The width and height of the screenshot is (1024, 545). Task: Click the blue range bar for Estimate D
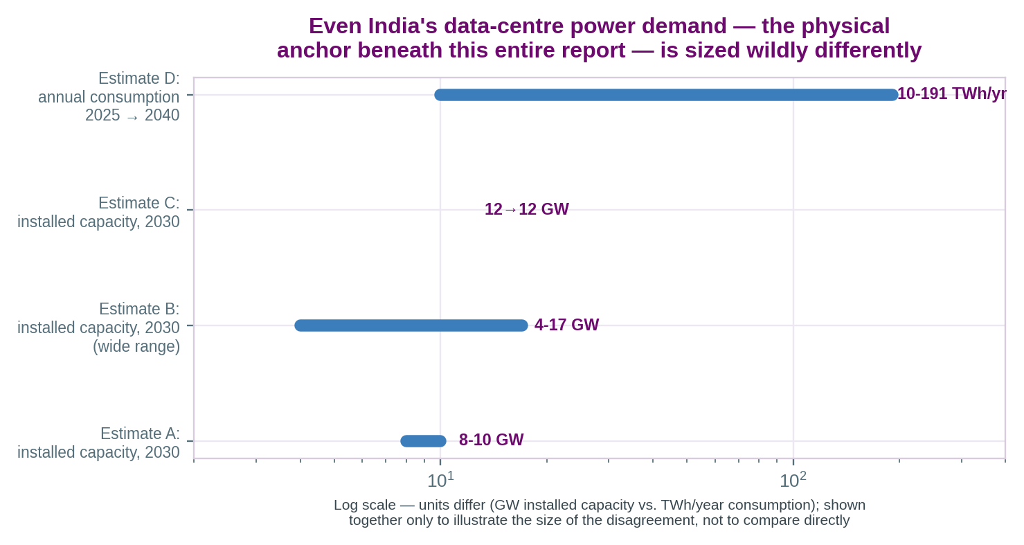(666, 95)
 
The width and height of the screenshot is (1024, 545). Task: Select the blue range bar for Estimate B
(411, 325)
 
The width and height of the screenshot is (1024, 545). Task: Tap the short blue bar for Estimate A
(423, 441)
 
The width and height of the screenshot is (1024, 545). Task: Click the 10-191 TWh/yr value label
(952, 93)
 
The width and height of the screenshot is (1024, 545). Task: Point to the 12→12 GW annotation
(527, 209)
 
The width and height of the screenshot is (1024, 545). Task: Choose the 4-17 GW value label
(566, 325)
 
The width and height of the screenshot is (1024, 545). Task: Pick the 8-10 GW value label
(491, 440)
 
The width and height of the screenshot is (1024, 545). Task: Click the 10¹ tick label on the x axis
(440, 480)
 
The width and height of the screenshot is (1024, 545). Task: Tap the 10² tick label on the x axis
(793, 480)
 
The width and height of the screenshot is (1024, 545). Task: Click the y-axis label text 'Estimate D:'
(139, 78)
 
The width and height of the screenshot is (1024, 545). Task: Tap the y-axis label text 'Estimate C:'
(139, 203)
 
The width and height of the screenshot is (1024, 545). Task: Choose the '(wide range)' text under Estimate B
(136, 346)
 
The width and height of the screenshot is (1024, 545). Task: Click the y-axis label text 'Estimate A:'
(140, 434)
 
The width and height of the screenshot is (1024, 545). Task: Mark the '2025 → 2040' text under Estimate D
(132, 115)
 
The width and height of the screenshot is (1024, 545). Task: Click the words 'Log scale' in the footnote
(364, 506)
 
